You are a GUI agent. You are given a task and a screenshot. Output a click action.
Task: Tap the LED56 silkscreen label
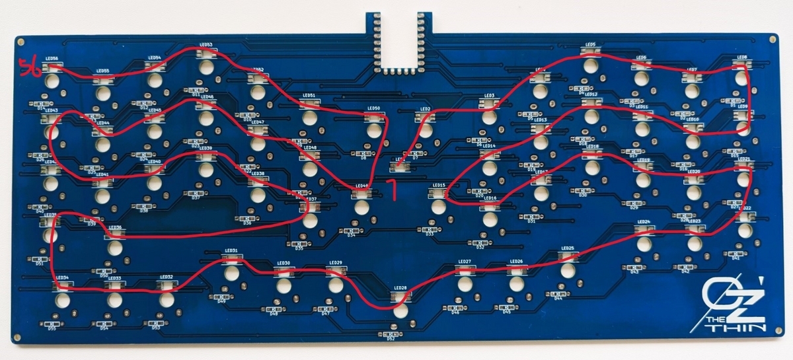click(52, 58)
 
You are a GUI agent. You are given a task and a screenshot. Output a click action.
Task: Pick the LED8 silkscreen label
click(742, 57)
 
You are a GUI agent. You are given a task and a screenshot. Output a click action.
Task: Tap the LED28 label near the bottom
click(400, 288)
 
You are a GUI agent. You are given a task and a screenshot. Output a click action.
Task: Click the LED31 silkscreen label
click(231, 251)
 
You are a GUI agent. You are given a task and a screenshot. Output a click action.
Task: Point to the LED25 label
click(567, 249)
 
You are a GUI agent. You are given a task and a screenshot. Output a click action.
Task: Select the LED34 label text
click(62, 277)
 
